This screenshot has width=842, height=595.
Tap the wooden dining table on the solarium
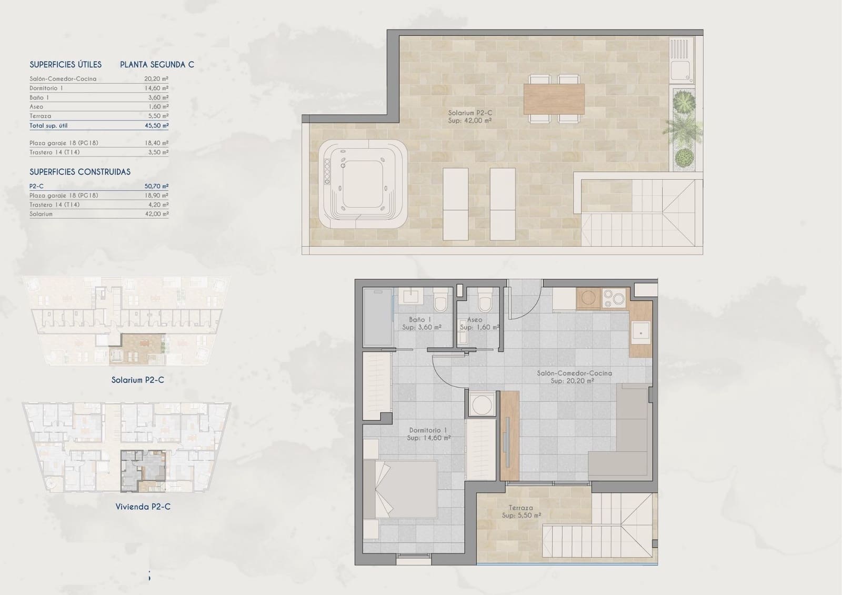pyautogui.click(x=554, y=99)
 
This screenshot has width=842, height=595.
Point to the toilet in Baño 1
pyautogui.click(x=440, y=301)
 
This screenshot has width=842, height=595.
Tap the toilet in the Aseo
pyautogui.click(x=485, y=301)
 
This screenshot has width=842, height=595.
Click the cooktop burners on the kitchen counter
pyautogui.click(x=613, y=298)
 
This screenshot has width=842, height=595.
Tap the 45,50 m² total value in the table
pyautogui.click(x=156, y=126)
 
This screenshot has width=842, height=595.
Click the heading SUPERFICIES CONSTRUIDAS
pyautogui.click(x=80, y=172)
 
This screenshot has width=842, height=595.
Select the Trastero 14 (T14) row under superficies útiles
pyautogui.click(x=55, y=153)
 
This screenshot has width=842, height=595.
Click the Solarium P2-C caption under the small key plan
pyautogui.click(x=137, y=380)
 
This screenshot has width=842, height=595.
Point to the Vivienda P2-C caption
pyautogui.click(x=143, y=507)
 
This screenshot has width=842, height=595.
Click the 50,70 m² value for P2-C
pyautogui.click(x=156, y=186)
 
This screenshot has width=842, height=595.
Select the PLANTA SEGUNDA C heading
pyautogui.click(x=157, y=65)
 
